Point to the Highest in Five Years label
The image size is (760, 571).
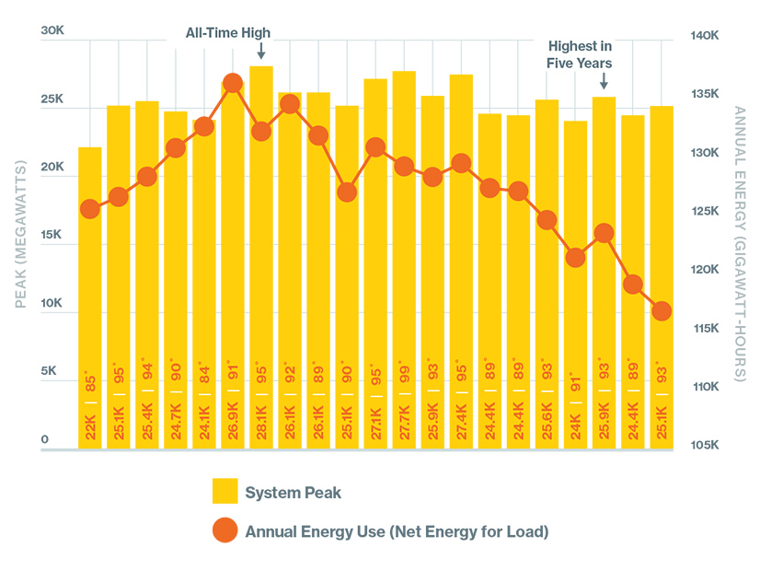point(580,54)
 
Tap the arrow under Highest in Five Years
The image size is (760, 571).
point(603,82)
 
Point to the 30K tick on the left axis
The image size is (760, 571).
point(52,30)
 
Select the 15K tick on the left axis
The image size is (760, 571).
point(52,235)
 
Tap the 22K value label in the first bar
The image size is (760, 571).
point(90,428)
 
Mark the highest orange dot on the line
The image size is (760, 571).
point(233,84)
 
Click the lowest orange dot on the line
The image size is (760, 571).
point(661,311)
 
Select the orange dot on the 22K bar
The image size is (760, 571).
point(90,209)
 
